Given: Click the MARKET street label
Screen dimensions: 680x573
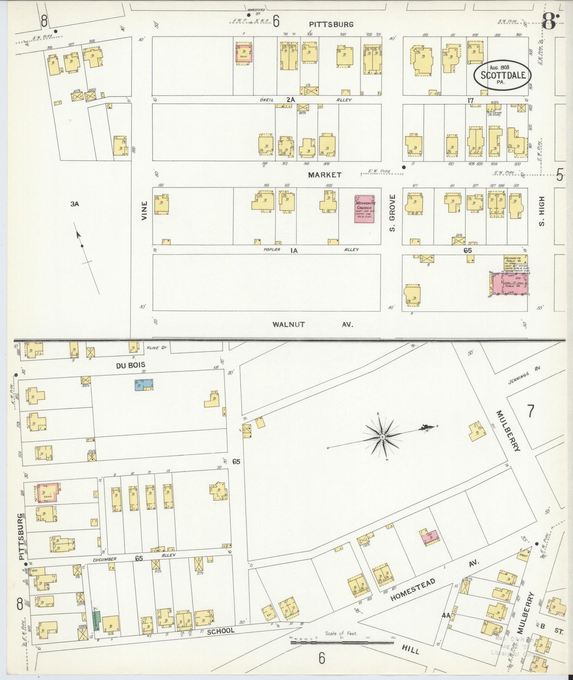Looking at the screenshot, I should tap(325, 175).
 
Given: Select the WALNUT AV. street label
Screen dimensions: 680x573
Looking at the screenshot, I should tap(312, 324).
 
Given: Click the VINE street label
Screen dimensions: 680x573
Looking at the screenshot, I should tap(144, 211).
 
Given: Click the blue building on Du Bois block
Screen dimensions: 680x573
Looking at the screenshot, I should tap(144, 384).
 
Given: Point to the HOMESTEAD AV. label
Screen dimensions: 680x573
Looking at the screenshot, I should tap(434, 582).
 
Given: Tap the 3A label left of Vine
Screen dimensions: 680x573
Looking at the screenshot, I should tap(75, 204).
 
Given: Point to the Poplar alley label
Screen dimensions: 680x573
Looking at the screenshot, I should tap(272, 250).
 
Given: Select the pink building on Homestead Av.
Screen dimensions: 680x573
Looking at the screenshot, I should tap(430, 536).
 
